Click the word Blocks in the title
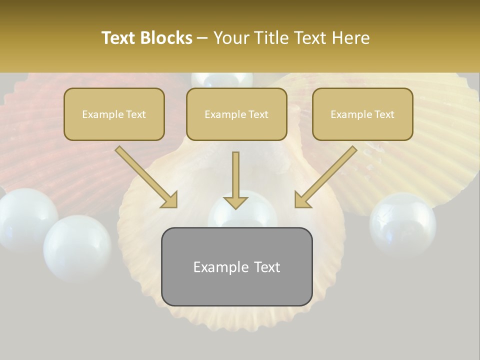167,38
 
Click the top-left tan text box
114,114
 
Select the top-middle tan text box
236,114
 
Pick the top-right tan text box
362,114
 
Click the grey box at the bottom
236,266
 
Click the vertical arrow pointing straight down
235,180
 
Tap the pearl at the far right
402,222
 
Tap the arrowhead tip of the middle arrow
235,208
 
